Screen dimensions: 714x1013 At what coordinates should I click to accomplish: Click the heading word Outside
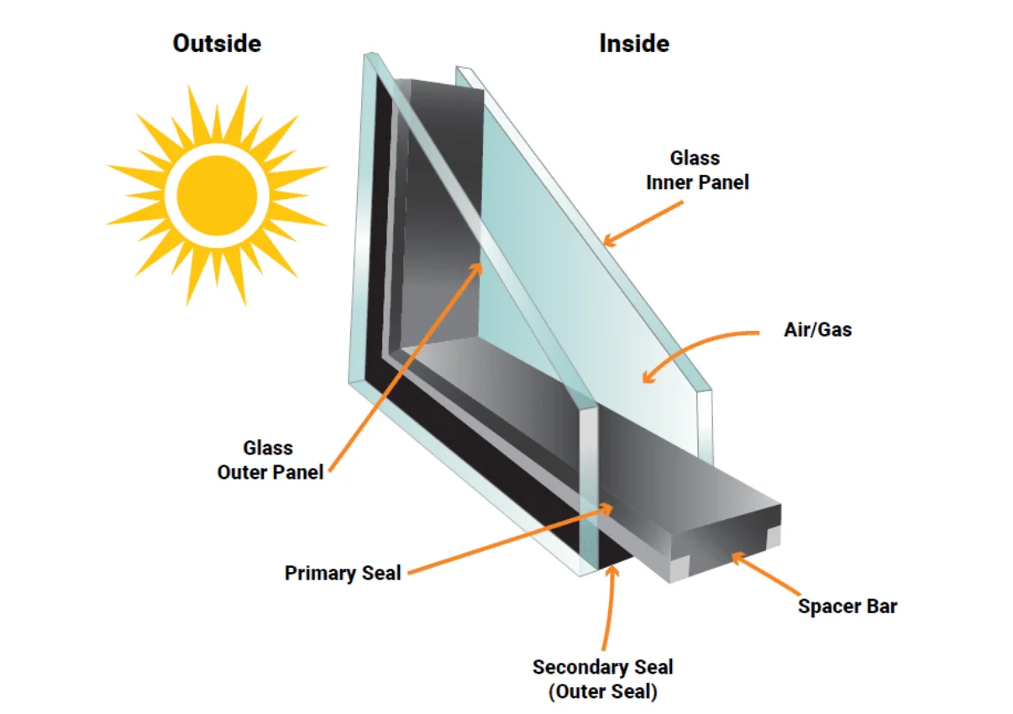point(217,43)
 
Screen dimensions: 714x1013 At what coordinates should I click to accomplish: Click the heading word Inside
point(634,43)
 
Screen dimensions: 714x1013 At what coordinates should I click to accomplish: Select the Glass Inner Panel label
point(696,170)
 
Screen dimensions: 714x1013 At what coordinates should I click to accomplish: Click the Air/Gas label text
point(817,329)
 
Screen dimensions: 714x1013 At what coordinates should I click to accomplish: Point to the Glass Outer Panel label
point(270,459)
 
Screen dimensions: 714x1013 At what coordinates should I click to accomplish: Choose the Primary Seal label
point(343,574)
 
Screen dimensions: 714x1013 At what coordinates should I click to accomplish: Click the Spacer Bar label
point(848,606)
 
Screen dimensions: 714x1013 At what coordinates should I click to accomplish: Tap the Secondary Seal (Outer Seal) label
point(602,680)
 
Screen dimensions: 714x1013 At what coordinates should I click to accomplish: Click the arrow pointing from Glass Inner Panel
point(643,224)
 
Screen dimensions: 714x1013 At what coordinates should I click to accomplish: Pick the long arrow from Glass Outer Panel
point(403,370)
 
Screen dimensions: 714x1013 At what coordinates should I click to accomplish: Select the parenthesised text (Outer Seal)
point(602,692)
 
